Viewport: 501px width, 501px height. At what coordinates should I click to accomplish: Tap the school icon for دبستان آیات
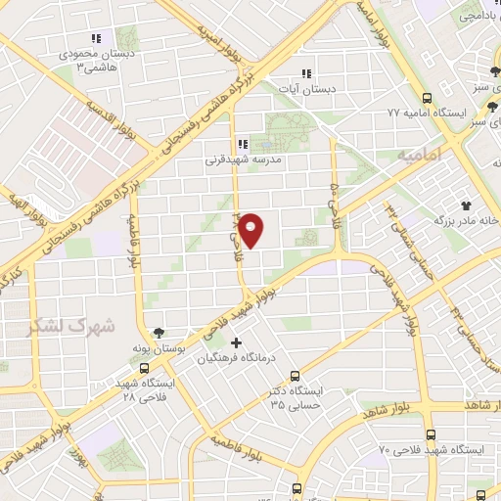click(x=306, y=72)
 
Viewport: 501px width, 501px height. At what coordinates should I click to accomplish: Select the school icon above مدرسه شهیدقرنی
click(x=243, y=143)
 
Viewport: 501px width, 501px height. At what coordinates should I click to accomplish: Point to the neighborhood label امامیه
click(x=422, y=156)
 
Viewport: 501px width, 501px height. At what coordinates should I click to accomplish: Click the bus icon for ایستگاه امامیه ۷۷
click(x=427, y=98)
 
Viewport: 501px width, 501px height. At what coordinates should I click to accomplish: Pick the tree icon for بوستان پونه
click(x=159, y=333)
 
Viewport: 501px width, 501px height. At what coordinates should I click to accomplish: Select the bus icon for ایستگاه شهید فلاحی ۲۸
click(x=145, y=369)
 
